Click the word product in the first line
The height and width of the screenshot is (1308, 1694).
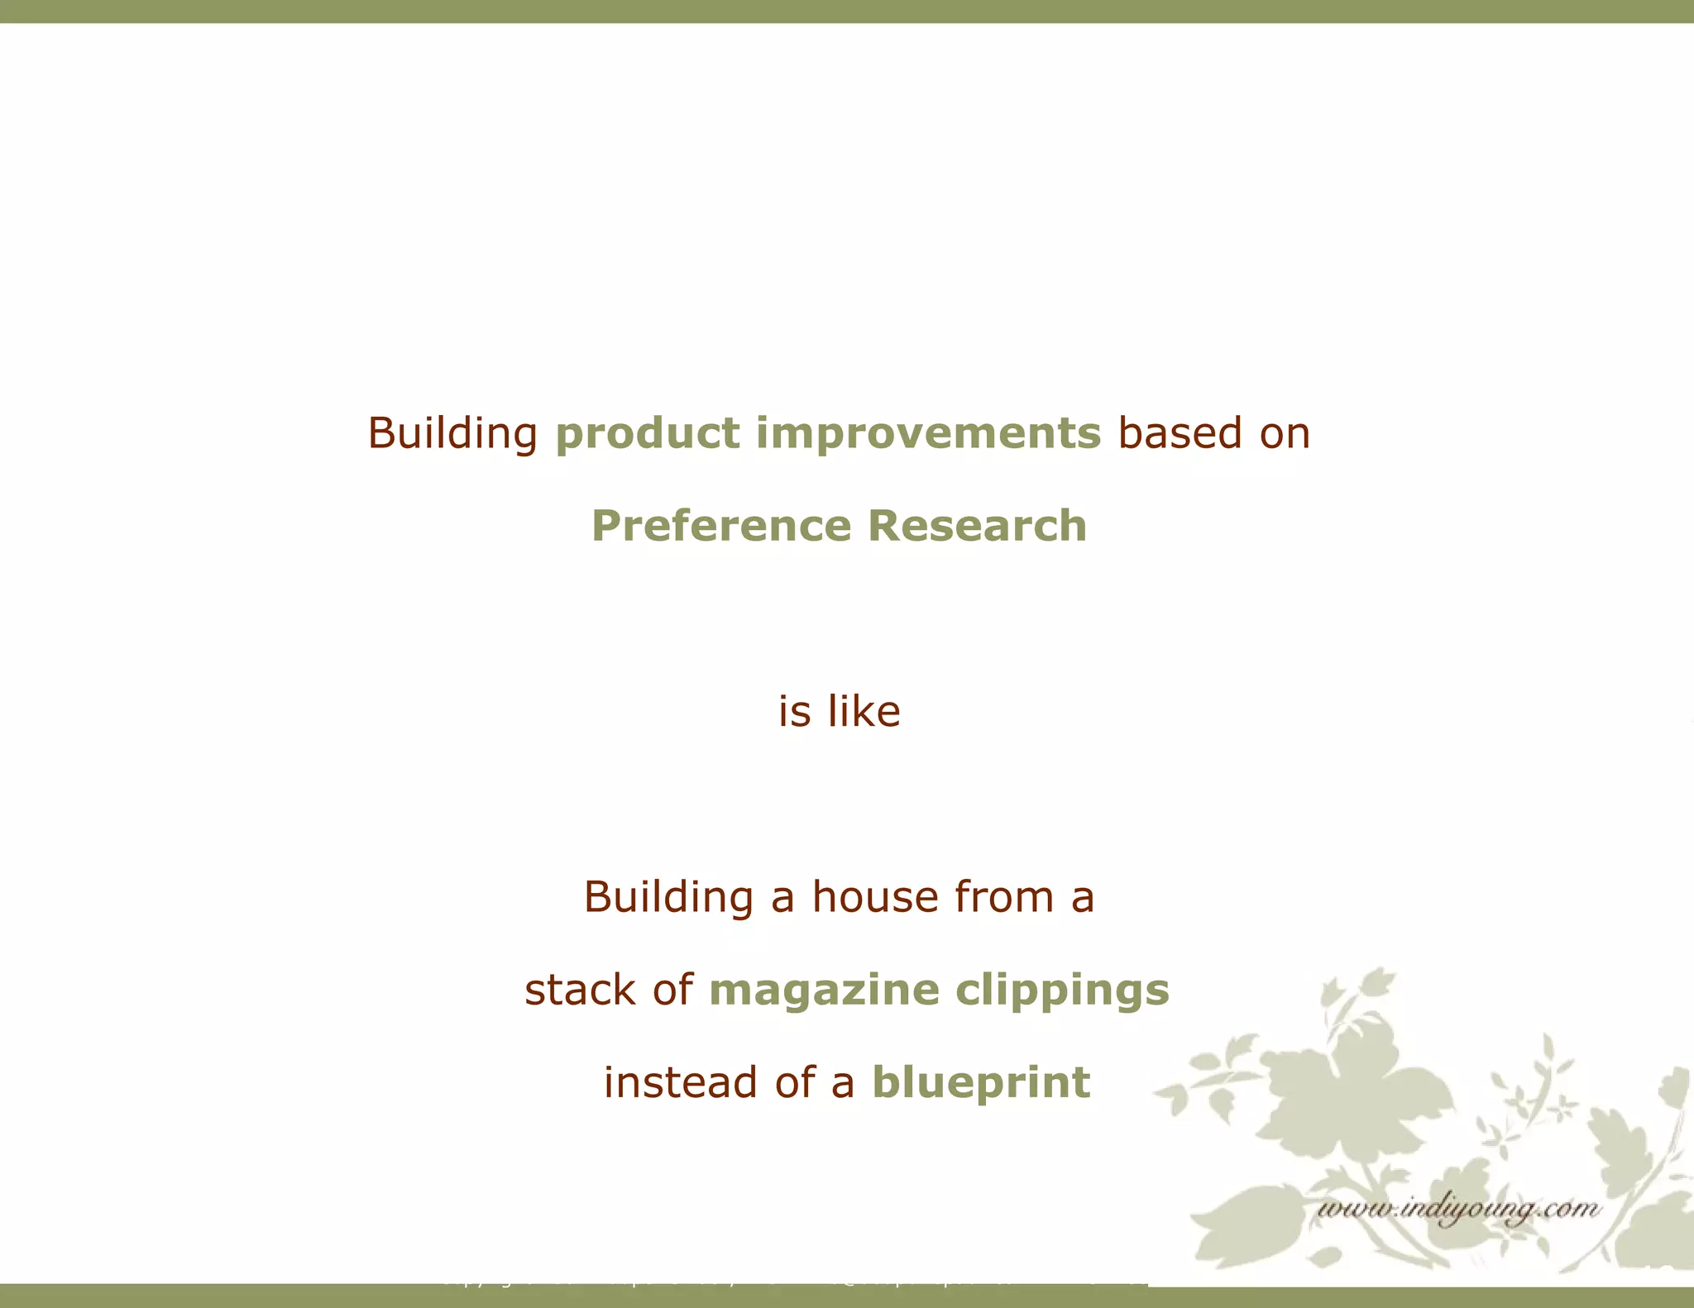[x=647, y=434]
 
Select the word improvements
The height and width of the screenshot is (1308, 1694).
[x=928, y=434]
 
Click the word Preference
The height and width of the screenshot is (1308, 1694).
[x=720, y=526]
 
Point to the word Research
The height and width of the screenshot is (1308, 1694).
[x=977, y=526]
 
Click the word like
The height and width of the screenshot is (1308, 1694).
[x=864, y=711]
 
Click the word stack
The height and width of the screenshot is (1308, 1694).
[x=580, y=990]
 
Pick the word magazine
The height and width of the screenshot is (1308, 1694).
[x=824, y=990]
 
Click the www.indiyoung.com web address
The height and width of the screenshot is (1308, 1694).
[x=1457, y=1210]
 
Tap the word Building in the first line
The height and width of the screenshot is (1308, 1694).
[x=452, y=434]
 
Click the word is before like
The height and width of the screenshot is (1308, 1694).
[x=794, y=711]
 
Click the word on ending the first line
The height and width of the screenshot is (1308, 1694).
[x=1285, y=434]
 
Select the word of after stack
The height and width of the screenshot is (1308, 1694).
[x=672, y=990]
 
